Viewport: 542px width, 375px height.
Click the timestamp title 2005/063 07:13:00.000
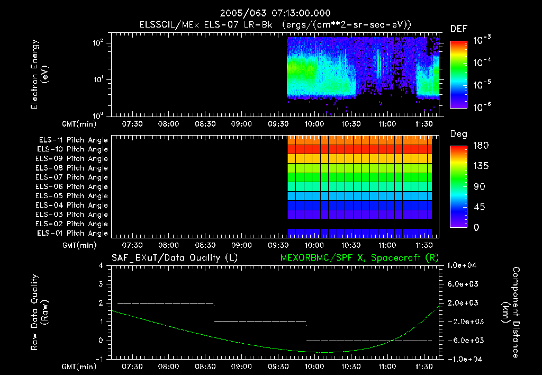coord(270,13)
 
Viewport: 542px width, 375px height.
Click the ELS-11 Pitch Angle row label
coord(73,140)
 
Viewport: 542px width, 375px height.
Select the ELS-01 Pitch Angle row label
coord(73,233)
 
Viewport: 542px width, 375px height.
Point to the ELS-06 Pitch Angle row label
coord(73,186)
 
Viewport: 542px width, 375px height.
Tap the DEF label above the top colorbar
coord(458,29)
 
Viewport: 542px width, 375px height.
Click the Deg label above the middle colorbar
coord(458,134)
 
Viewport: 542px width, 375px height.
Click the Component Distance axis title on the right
coord(510,312)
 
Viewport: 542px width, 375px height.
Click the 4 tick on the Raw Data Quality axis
coord(102,265)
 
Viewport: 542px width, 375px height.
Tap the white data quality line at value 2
coord(165,303)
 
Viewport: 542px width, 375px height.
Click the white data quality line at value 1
coord(259,322)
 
